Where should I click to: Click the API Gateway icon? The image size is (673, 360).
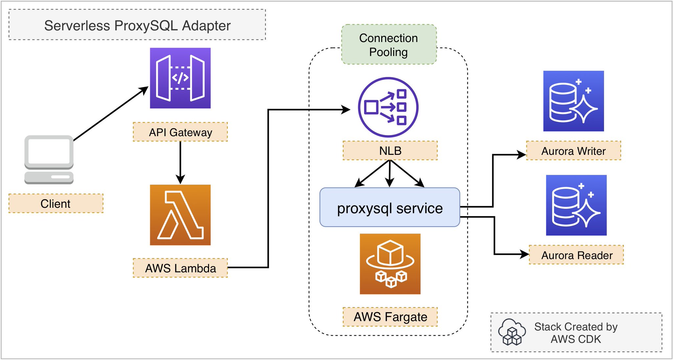point(180,78)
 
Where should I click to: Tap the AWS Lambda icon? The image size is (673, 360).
point(180,215)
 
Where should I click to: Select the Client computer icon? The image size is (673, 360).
point(49,159)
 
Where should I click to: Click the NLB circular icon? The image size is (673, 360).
point(388,107)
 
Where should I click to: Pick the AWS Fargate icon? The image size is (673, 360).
point(390,264)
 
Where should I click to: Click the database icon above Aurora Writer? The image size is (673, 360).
point(573,101)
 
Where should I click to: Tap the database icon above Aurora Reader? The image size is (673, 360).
point(576,205)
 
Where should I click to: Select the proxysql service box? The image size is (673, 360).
point(390,207)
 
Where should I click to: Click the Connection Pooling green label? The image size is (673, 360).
point(389,45)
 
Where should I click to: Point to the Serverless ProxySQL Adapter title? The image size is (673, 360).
point(137,25)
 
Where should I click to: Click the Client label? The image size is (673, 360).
point(56,204)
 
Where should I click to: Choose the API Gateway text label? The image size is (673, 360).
point(180,132)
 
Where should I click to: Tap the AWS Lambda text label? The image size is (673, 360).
point(180,268)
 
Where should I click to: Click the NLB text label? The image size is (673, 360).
point(390,151)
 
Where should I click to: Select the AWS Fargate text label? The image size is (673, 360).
point(390,317)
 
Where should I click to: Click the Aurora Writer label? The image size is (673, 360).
point(573,151)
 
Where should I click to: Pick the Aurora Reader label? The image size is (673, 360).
point(576,255)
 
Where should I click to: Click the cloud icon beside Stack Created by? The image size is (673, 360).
point(512,332)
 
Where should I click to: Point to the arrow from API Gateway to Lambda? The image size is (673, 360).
point(180,163)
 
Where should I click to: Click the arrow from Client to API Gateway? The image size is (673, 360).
point(110,114)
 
